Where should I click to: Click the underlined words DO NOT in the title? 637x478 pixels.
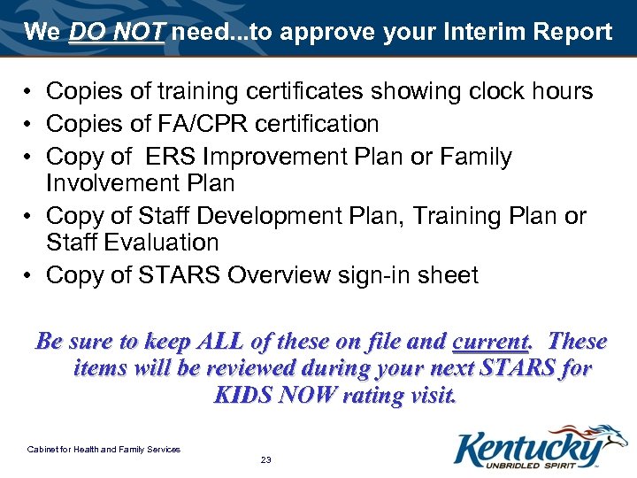point(117,33)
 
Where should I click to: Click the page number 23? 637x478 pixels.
point(265,459)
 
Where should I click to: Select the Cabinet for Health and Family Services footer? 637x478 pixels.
point(104,450)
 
